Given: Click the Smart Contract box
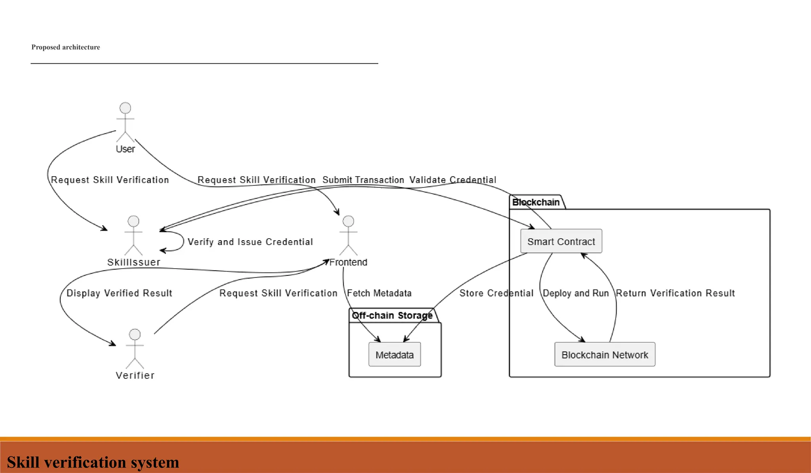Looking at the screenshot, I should tap(561, 241).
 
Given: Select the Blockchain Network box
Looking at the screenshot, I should tap(605, 354).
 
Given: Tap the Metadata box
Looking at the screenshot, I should tap(394, 354).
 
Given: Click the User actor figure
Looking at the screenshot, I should tap(125, 122).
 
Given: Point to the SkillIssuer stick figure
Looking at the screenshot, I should tap(133, 236).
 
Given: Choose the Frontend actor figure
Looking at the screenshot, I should tap(348, 236).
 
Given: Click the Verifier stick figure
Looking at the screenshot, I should tap(135, 349).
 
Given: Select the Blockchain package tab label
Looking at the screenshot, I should tap(536, 202).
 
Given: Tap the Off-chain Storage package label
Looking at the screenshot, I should tap(392, 315).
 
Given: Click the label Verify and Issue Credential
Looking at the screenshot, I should tap(250, 242).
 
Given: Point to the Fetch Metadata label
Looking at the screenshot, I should tap(379, 293).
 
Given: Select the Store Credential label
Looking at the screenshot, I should tap(496, 293).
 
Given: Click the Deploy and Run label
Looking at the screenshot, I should tap(576, 293).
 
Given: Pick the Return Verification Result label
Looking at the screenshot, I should tap(675, 293).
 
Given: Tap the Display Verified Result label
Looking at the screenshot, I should tap(119, 293).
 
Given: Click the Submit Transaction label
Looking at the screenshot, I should tap(363, 180).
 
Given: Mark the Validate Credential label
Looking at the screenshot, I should tap(453, 180).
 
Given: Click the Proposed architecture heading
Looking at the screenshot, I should tap(66, 47).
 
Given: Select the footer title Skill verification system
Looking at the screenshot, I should tap(93, 462).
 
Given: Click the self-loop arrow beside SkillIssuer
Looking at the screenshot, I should tap(183, 241).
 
